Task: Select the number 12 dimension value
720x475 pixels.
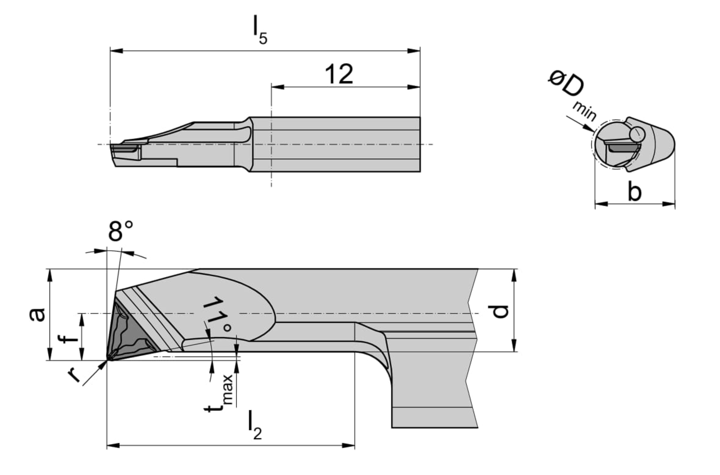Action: click(339, 74)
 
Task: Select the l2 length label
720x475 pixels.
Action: click(255, 425)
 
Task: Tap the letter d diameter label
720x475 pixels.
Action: click(498, 311)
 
